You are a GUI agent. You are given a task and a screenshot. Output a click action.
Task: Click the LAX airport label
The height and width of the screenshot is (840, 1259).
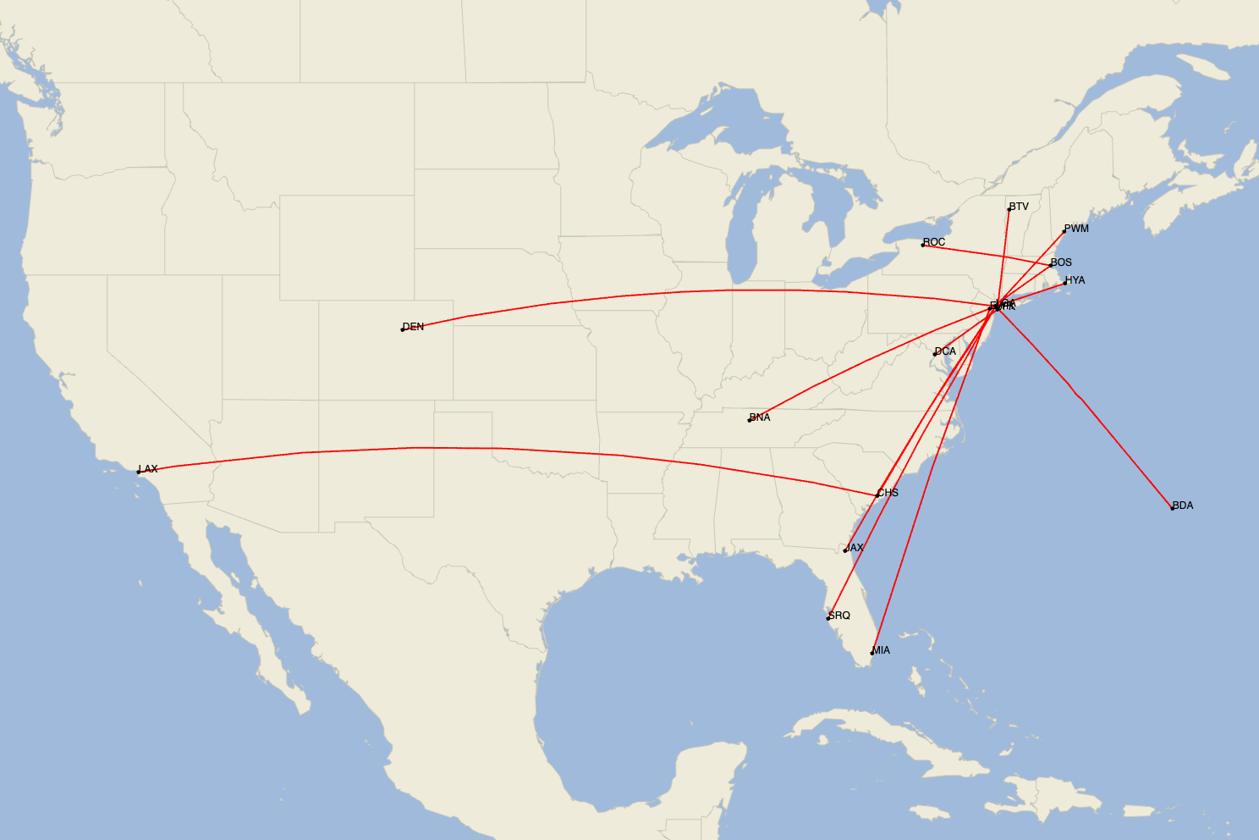click(148, 469)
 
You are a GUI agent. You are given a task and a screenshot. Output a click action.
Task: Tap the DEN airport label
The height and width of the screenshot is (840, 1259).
click(414, 327)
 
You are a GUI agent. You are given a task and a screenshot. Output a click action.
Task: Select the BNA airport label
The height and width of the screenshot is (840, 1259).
click(760, 417)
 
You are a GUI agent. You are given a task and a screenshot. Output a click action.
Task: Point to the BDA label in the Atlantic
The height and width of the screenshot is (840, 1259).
click(1183, 506)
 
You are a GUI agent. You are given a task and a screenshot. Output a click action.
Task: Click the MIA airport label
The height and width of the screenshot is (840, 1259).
click(881, 650)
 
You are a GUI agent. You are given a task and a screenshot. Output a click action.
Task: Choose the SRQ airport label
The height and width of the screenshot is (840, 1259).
click(839, 616)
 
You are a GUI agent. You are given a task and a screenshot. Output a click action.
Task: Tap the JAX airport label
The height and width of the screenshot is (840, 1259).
click(855, 548)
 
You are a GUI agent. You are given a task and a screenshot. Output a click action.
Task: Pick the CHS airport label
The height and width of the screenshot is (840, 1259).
click(888, 493)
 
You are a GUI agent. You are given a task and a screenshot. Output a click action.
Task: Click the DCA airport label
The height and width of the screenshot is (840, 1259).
click(945, 351)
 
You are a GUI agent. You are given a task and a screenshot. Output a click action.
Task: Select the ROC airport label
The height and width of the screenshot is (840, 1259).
click(934, 242)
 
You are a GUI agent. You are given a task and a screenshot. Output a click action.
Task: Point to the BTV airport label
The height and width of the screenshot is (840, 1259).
click(1019, 207)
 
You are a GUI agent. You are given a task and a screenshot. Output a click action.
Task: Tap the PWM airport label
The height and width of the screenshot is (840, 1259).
click(1076, 229)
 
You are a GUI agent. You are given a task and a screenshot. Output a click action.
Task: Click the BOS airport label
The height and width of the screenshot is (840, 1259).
click(1061, 262)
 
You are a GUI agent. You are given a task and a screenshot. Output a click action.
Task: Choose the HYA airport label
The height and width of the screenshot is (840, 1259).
click(1075, 280)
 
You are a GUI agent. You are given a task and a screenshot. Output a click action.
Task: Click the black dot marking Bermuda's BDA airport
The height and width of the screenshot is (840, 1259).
click(1172, 508)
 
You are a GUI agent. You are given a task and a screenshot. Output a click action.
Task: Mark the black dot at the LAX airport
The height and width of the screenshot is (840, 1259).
click(139, 472)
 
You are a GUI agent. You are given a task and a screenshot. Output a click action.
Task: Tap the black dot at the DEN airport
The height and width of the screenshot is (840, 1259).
click(403, 329)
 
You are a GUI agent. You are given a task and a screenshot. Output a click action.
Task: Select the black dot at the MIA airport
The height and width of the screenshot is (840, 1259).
click(872, 653)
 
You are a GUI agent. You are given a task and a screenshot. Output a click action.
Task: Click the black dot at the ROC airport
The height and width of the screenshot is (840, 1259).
click(923, 245)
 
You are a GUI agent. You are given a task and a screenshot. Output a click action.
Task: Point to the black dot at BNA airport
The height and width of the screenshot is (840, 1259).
click(750, 420)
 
